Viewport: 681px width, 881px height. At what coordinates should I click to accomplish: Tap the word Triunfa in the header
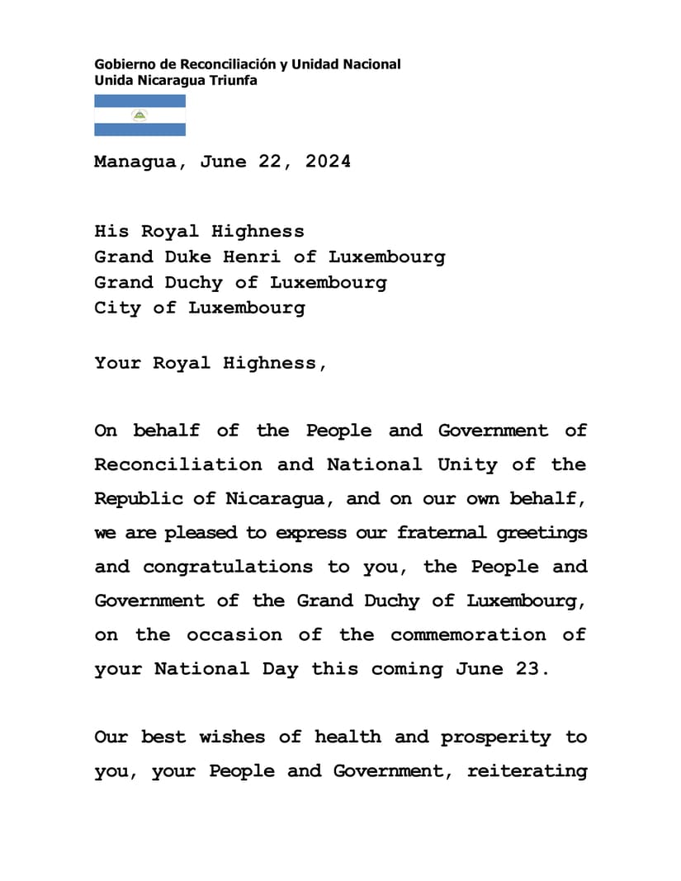(234, 80)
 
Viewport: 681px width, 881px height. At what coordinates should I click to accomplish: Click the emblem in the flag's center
(140, 115)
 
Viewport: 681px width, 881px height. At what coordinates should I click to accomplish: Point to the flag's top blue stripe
(140, 101)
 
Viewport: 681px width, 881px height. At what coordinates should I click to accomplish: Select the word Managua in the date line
(135, 162)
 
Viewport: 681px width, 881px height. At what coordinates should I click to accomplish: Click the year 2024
(328, 162)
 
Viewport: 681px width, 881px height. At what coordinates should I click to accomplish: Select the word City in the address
(117, 309)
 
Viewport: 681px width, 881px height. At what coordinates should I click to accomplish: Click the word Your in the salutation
(117, 363)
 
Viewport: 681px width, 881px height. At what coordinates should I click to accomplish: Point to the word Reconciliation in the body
(178, 465)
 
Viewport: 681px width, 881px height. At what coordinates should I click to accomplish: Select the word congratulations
(228, 567)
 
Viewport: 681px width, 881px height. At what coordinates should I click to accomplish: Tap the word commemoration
(468, 635)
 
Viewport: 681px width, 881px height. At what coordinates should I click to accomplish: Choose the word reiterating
(527, 771)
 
